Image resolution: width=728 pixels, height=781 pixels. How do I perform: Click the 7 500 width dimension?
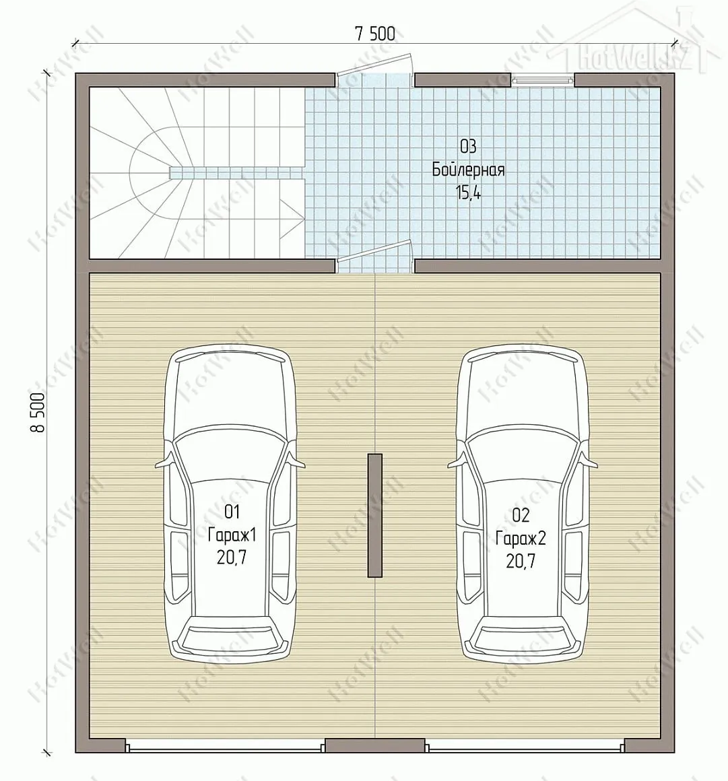374,34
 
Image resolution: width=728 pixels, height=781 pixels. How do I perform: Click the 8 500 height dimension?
39,413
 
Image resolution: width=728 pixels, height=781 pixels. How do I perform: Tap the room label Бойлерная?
468,170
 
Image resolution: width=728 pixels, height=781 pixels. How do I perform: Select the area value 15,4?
468,193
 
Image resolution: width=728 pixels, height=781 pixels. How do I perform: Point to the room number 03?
468,147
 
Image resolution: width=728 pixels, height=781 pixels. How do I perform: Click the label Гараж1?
232,535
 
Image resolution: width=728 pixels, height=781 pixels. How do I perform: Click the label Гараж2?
521,539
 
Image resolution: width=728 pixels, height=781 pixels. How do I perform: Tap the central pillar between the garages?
374,516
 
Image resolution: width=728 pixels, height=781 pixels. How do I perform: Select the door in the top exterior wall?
374,65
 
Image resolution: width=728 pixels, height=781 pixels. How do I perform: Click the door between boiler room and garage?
374,257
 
